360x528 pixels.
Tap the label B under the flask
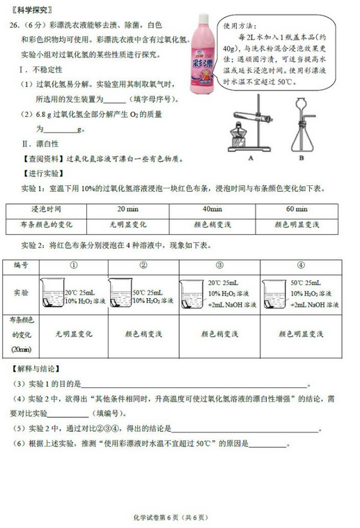tap(301, 157)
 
